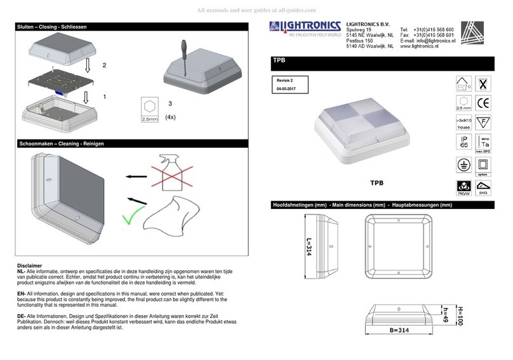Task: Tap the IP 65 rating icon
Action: pos(464,143)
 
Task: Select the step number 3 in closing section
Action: pos(170,103)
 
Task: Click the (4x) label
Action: pos(170,117)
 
